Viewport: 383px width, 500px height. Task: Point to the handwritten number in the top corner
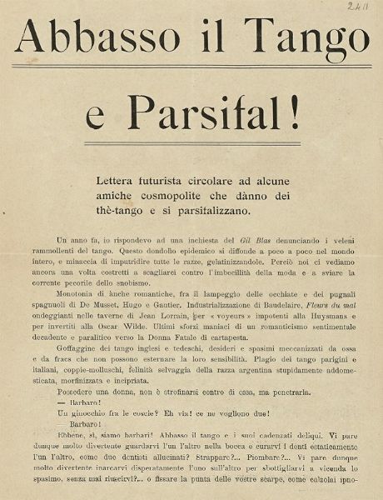[361, 7]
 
